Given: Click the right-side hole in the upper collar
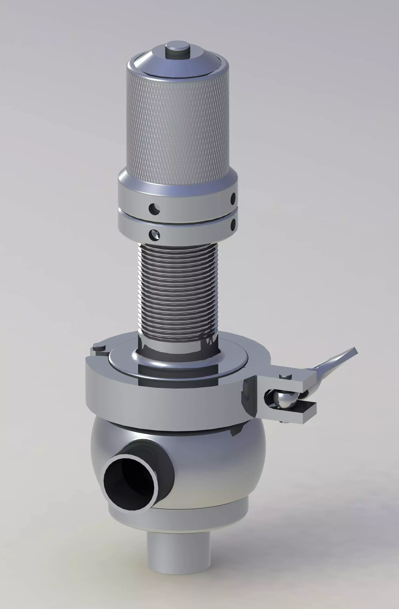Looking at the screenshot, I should point(233,198).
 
